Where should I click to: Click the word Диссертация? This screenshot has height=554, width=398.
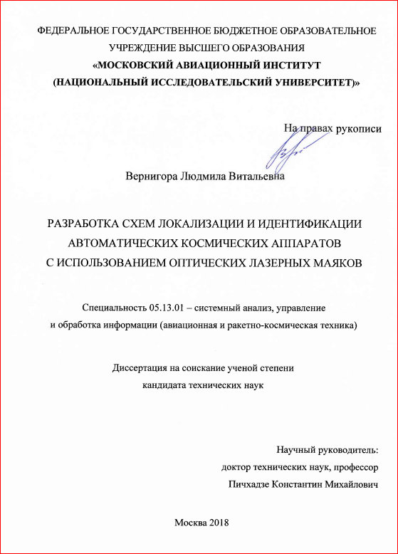click(140, 368)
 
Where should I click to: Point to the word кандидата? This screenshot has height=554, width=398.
click(164, 385)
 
